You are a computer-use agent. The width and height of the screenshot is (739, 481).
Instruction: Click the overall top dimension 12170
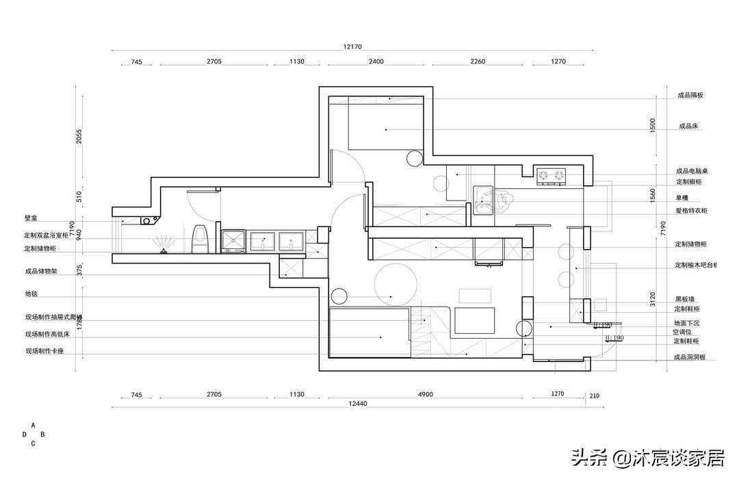click(x=352, y=47)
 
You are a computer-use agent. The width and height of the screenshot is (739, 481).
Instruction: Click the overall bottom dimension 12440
click(x=358, y=404)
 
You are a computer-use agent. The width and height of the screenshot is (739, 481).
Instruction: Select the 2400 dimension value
click(x=376, y=62)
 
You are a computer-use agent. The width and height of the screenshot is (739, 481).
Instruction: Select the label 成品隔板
click(x=690, y=95)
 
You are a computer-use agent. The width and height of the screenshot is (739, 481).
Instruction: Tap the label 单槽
click(x=682, y=196)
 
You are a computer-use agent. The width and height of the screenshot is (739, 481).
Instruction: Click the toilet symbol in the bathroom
click(x=200, y=239)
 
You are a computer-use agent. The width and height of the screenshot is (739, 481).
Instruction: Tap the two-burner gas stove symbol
click(x=552, y=177)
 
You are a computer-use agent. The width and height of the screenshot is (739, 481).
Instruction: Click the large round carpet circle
click(x=396, y=284)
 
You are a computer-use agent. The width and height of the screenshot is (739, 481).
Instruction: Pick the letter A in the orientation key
click(x=33, y=425)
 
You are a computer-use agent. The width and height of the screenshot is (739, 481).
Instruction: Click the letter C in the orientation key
click(x=33, y=443)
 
